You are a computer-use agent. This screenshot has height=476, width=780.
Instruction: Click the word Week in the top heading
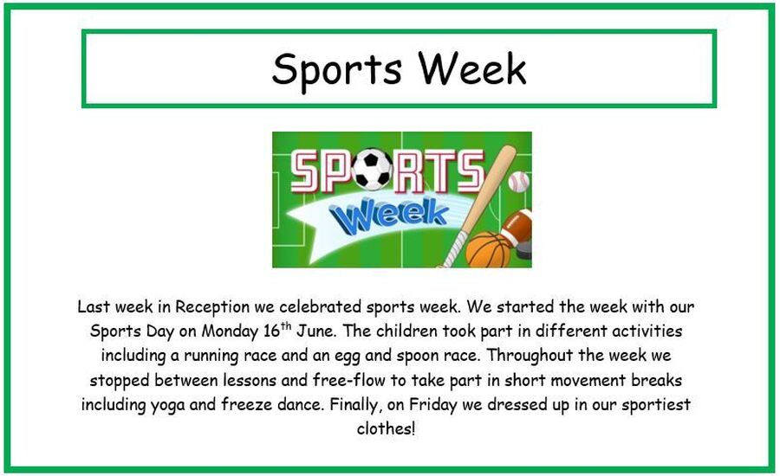[x=471, y=68]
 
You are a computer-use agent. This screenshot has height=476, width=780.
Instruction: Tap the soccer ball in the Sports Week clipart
[x=372, y=169]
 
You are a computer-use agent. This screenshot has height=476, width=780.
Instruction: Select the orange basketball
[x=489, y=250]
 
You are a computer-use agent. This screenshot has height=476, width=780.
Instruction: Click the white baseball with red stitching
[x=518, y=182]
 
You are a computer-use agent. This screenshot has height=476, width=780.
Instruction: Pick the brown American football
[x=517, y=227]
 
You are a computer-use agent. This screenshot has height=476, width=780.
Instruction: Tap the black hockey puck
[x=523, y=250]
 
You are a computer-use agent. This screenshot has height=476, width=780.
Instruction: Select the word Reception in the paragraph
[x=212, y=307]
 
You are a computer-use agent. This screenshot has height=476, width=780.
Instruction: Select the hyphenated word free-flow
[x=349, y=380]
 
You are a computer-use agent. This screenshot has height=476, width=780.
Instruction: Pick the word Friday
[x=432, y=405]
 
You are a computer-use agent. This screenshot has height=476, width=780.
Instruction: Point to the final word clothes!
[x=386, y=428]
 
